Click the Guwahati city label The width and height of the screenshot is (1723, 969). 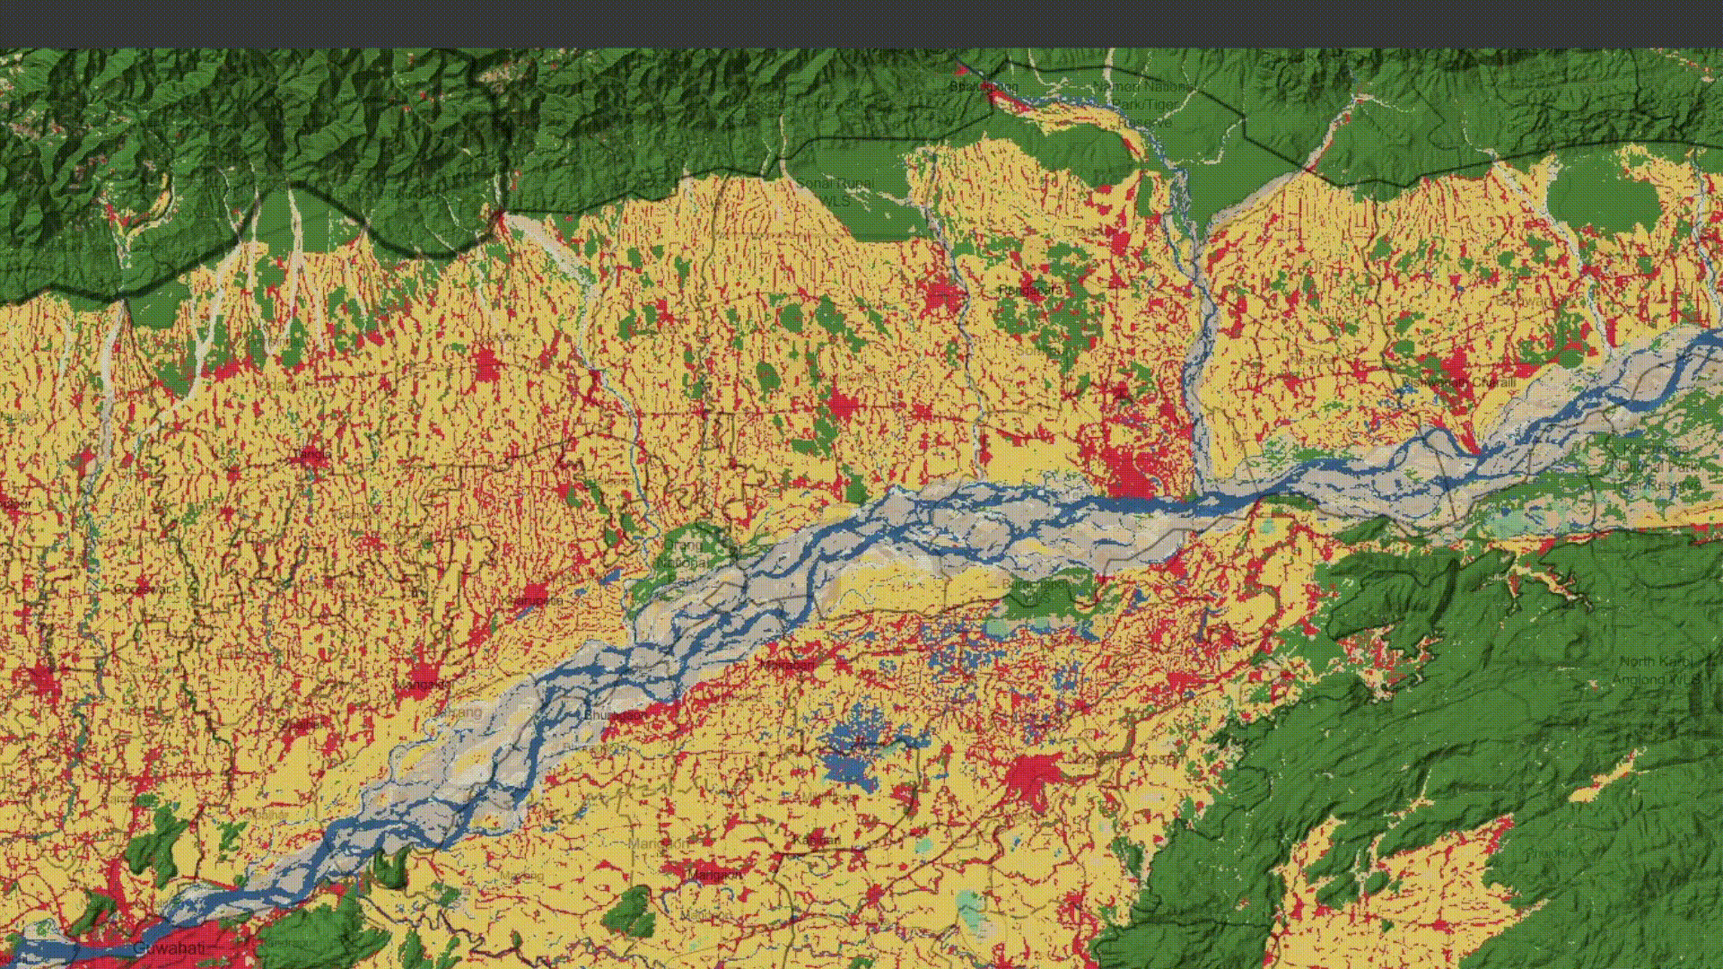(168, 948)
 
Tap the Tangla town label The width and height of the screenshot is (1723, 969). (310, 455)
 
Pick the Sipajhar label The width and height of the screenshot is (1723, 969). (301, 723)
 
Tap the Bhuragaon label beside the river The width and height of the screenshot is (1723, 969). (614, 715)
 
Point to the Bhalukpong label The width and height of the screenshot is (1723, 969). (984, 87)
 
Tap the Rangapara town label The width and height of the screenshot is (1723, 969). (1029, 291)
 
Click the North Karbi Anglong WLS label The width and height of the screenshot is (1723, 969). (1657, 670)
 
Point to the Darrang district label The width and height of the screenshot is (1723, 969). (462, 711)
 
